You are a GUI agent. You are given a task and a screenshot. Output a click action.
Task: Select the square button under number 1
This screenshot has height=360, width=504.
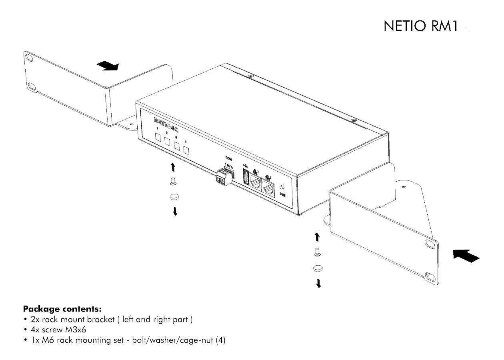point(158,138)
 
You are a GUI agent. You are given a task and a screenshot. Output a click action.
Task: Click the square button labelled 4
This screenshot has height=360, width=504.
point(186,151)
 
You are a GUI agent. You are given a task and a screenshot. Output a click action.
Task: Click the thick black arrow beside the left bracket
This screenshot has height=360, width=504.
point(108,66)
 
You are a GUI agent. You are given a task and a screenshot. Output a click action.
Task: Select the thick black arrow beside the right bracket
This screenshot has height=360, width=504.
point(466,256)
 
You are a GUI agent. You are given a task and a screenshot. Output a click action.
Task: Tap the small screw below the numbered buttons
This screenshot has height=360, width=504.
point(174,182)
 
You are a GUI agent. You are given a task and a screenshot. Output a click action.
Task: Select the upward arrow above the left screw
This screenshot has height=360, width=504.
point(172,167)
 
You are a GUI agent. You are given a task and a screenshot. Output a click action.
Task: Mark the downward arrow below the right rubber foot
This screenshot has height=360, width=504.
point(318,284)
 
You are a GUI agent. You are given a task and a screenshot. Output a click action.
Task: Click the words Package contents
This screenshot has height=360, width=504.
point(62,309)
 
